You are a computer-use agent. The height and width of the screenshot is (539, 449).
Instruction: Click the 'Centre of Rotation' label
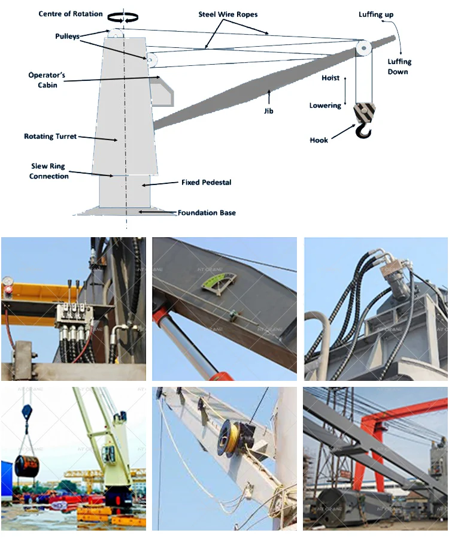point(71,14)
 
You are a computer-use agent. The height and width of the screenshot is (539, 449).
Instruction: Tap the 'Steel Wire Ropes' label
point(228,14)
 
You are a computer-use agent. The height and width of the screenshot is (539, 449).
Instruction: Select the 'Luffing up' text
point(376,14)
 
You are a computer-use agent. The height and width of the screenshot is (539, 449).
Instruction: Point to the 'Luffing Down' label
point(399,66)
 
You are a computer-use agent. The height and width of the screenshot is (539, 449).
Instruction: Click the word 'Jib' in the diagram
point(268,111)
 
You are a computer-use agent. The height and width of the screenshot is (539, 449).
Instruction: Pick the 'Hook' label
point(318,140)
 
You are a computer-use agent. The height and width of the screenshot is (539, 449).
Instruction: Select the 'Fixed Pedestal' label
point(206,182)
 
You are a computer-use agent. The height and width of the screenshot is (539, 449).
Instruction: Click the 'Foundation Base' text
point(207,213)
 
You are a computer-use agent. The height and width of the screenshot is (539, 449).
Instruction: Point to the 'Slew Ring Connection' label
point(49,171)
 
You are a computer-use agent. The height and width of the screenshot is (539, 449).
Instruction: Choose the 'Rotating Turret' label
point(50,137)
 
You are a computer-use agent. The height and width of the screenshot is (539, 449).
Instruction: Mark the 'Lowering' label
point(325,105)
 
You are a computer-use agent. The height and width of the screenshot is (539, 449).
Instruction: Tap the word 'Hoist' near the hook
point(330,78)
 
